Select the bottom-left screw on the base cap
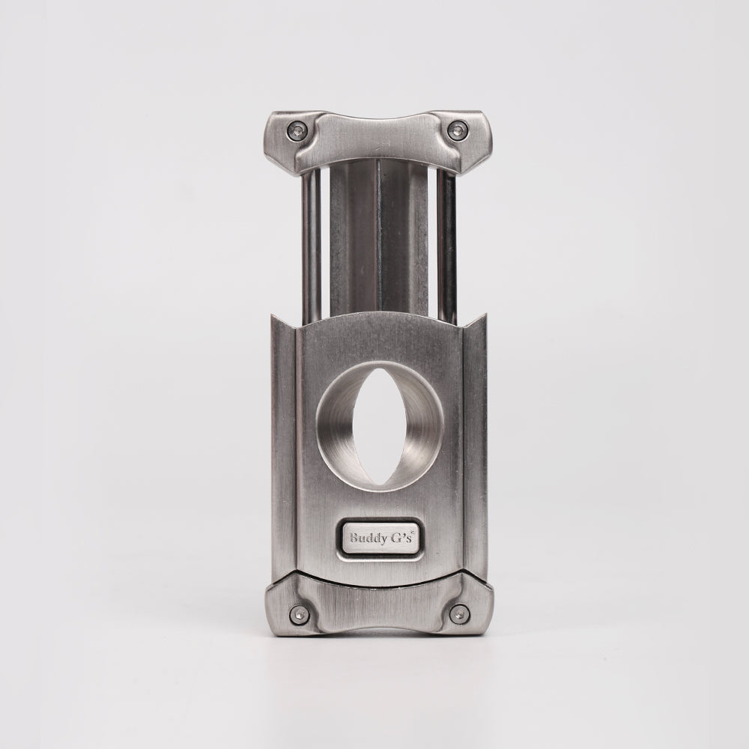299,613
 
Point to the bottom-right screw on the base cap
460,613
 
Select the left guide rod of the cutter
310,243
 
